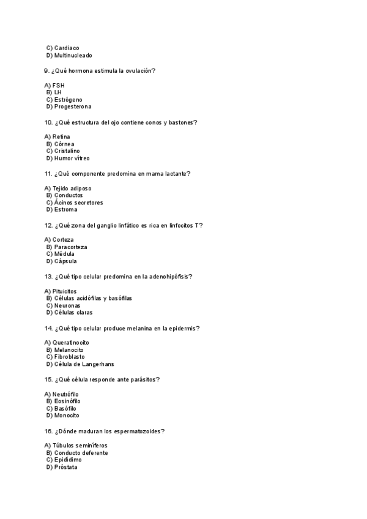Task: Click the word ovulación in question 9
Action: click(x=138, y=71)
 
